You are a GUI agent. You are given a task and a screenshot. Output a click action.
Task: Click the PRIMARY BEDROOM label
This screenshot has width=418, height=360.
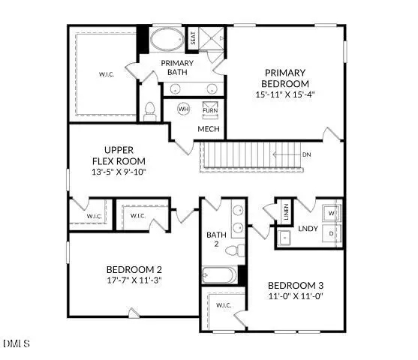(x=286, y=78)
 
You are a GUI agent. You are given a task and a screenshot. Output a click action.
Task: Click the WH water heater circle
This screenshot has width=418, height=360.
(x=183, y=109)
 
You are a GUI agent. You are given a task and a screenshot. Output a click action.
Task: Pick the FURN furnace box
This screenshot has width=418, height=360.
(x=210, y=110)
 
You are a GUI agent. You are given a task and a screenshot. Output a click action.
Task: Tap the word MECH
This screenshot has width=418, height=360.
(x=208, y=129)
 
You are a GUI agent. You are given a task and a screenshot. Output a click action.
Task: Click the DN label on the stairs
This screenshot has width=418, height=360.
(x=306, y=154)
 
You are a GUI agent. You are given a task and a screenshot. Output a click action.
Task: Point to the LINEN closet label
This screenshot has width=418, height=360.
(x=285, y=212)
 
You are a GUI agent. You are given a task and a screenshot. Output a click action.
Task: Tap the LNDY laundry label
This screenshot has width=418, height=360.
(x=308, y=228)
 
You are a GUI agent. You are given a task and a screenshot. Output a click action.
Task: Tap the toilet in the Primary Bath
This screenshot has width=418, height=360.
(x=149, y=111)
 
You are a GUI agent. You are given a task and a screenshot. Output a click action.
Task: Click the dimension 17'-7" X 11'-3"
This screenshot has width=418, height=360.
(x=134, y=280)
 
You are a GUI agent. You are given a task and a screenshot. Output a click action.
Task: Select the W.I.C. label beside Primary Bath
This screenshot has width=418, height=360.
(x=106, y=74)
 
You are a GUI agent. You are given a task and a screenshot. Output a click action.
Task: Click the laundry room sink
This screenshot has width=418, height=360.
(x=284, y=238)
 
